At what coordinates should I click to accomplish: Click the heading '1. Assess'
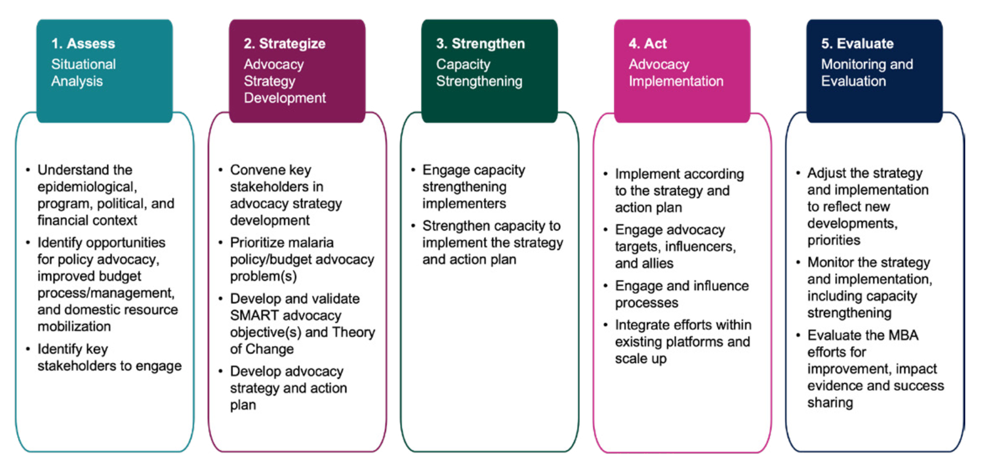click(83, 43)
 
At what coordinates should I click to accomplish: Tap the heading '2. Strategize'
click(285, 43)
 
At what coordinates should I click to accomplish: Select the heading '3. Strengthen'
click(480, 43)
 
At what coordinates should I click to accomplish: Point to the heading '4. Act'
click(648, 43)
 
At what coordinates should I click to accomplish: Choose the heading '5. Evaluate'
click(858, 43)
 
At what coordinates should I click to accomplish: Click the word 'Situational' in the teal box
click(84, 65)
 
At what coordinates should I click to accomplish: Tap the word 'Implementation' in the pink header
click(676, 82)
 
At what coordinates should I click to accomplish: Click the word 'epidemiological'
click(87, 187)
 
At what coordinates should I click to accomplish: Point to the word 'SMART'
click(254, 315)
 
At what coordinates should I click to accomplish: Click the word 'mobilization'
click(74, 326)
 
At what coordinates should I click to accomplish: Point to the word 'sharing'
click(830, 403)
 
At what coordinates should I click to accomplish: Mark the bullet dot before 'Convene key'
click(221, 170)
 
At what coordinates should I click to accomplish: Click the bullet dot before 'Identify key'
click(28, 349)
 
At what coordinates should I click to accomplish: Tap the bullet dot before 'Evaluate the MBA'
click(798, 335)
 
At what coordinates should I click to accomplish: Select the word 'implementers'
click(464, 204)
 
